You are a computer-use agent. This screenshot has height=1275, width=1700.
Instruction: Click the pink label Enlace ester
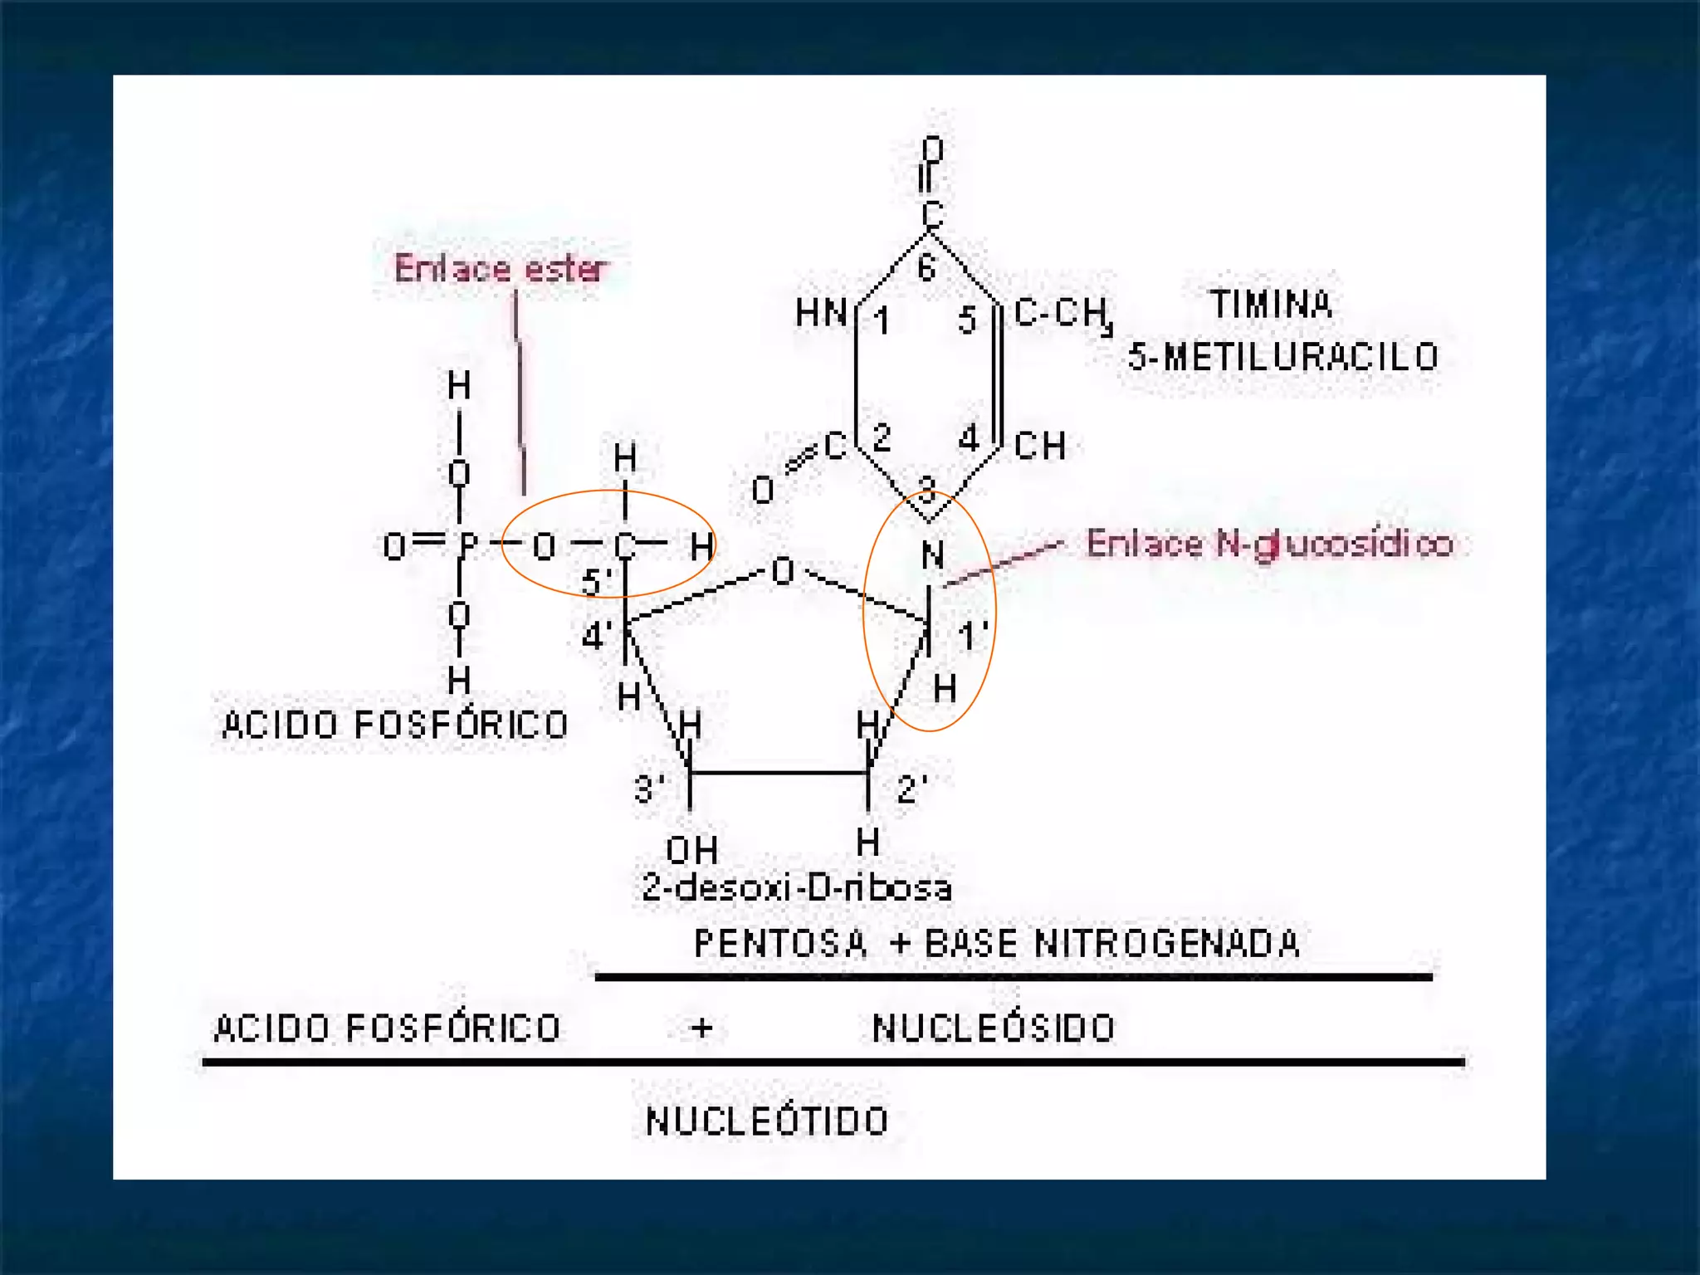[x=501, y=268]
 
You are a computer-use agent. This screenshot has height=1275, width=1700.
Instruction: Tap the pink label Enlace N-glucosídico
[x=1269, y=544]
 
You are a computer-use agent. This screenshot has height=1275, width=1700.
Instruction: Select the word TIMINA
[x=1271, y=305]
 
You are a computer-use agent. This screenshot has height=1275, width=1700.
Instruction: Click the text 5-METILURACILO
[x=1282, y=357]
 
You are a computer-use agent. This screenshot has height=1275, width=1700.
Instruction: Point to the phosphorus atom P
[x=468, y=545]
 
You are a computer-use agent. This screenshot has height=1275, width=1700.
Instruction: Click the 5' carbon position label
[x=596, y=582]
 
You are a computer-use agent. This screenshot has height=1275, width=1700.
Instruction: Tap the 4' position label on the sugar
[x=597, y=637]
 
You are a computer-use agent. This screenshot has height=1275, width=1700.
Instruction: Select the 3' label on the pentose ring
[x=649, y=789]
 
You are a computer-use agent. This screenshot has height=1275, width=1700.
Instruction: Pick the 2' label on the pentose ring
[x=911, y=789]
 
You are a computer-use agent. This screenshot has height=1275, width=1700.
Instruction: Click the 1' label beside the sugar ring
[x=972, y=637]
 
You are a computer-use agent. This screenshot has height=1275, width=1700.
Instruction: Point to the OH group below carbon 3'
[x=691, y=850]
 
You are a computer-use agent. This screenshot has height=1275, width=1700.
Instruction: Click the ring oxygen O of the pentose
[x=782, y=571]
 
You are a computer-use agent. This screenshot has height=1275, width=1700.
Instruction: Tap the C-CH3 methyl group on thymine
[x=1062, y=314]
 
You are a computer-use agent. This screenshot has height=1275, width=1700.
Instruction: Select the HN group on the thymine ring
[x=820, y=314]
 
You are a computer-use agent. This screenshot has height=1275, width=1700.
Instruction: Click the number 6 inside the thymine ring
[x=926, y=267]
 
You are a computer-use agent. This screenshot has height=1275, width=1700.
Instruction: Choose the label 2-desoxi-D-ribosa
[x=796, y=888]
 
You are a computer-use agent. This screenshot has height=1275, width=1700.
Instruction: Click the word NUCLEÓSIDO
[x=994, y=1028]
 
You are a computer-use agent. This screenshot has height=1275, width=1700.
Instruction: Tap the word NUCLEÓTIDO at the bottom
[x=767, y=1121]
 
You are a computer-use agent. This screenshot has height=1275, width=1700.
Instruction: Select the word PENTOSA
[x=779, y=944]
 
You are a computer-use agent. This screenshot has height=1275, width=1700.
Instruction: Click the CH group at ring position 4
[x=1039, y=446]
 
